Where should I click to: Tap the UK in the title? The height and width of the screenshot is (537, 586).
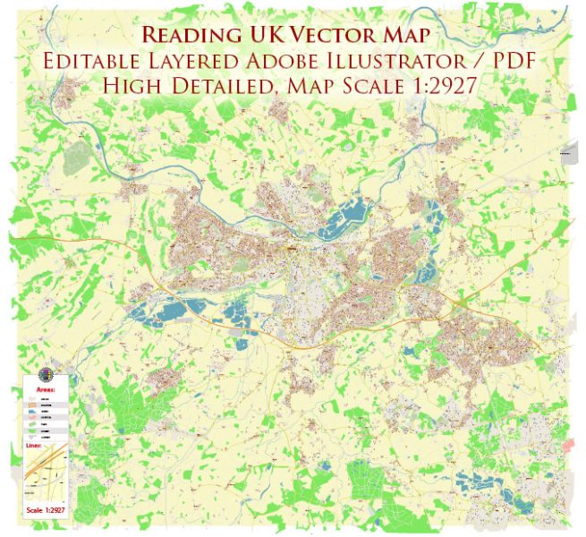point(268,35)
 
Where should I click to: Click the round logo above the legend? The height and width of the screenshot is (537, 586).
point(47,374)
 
